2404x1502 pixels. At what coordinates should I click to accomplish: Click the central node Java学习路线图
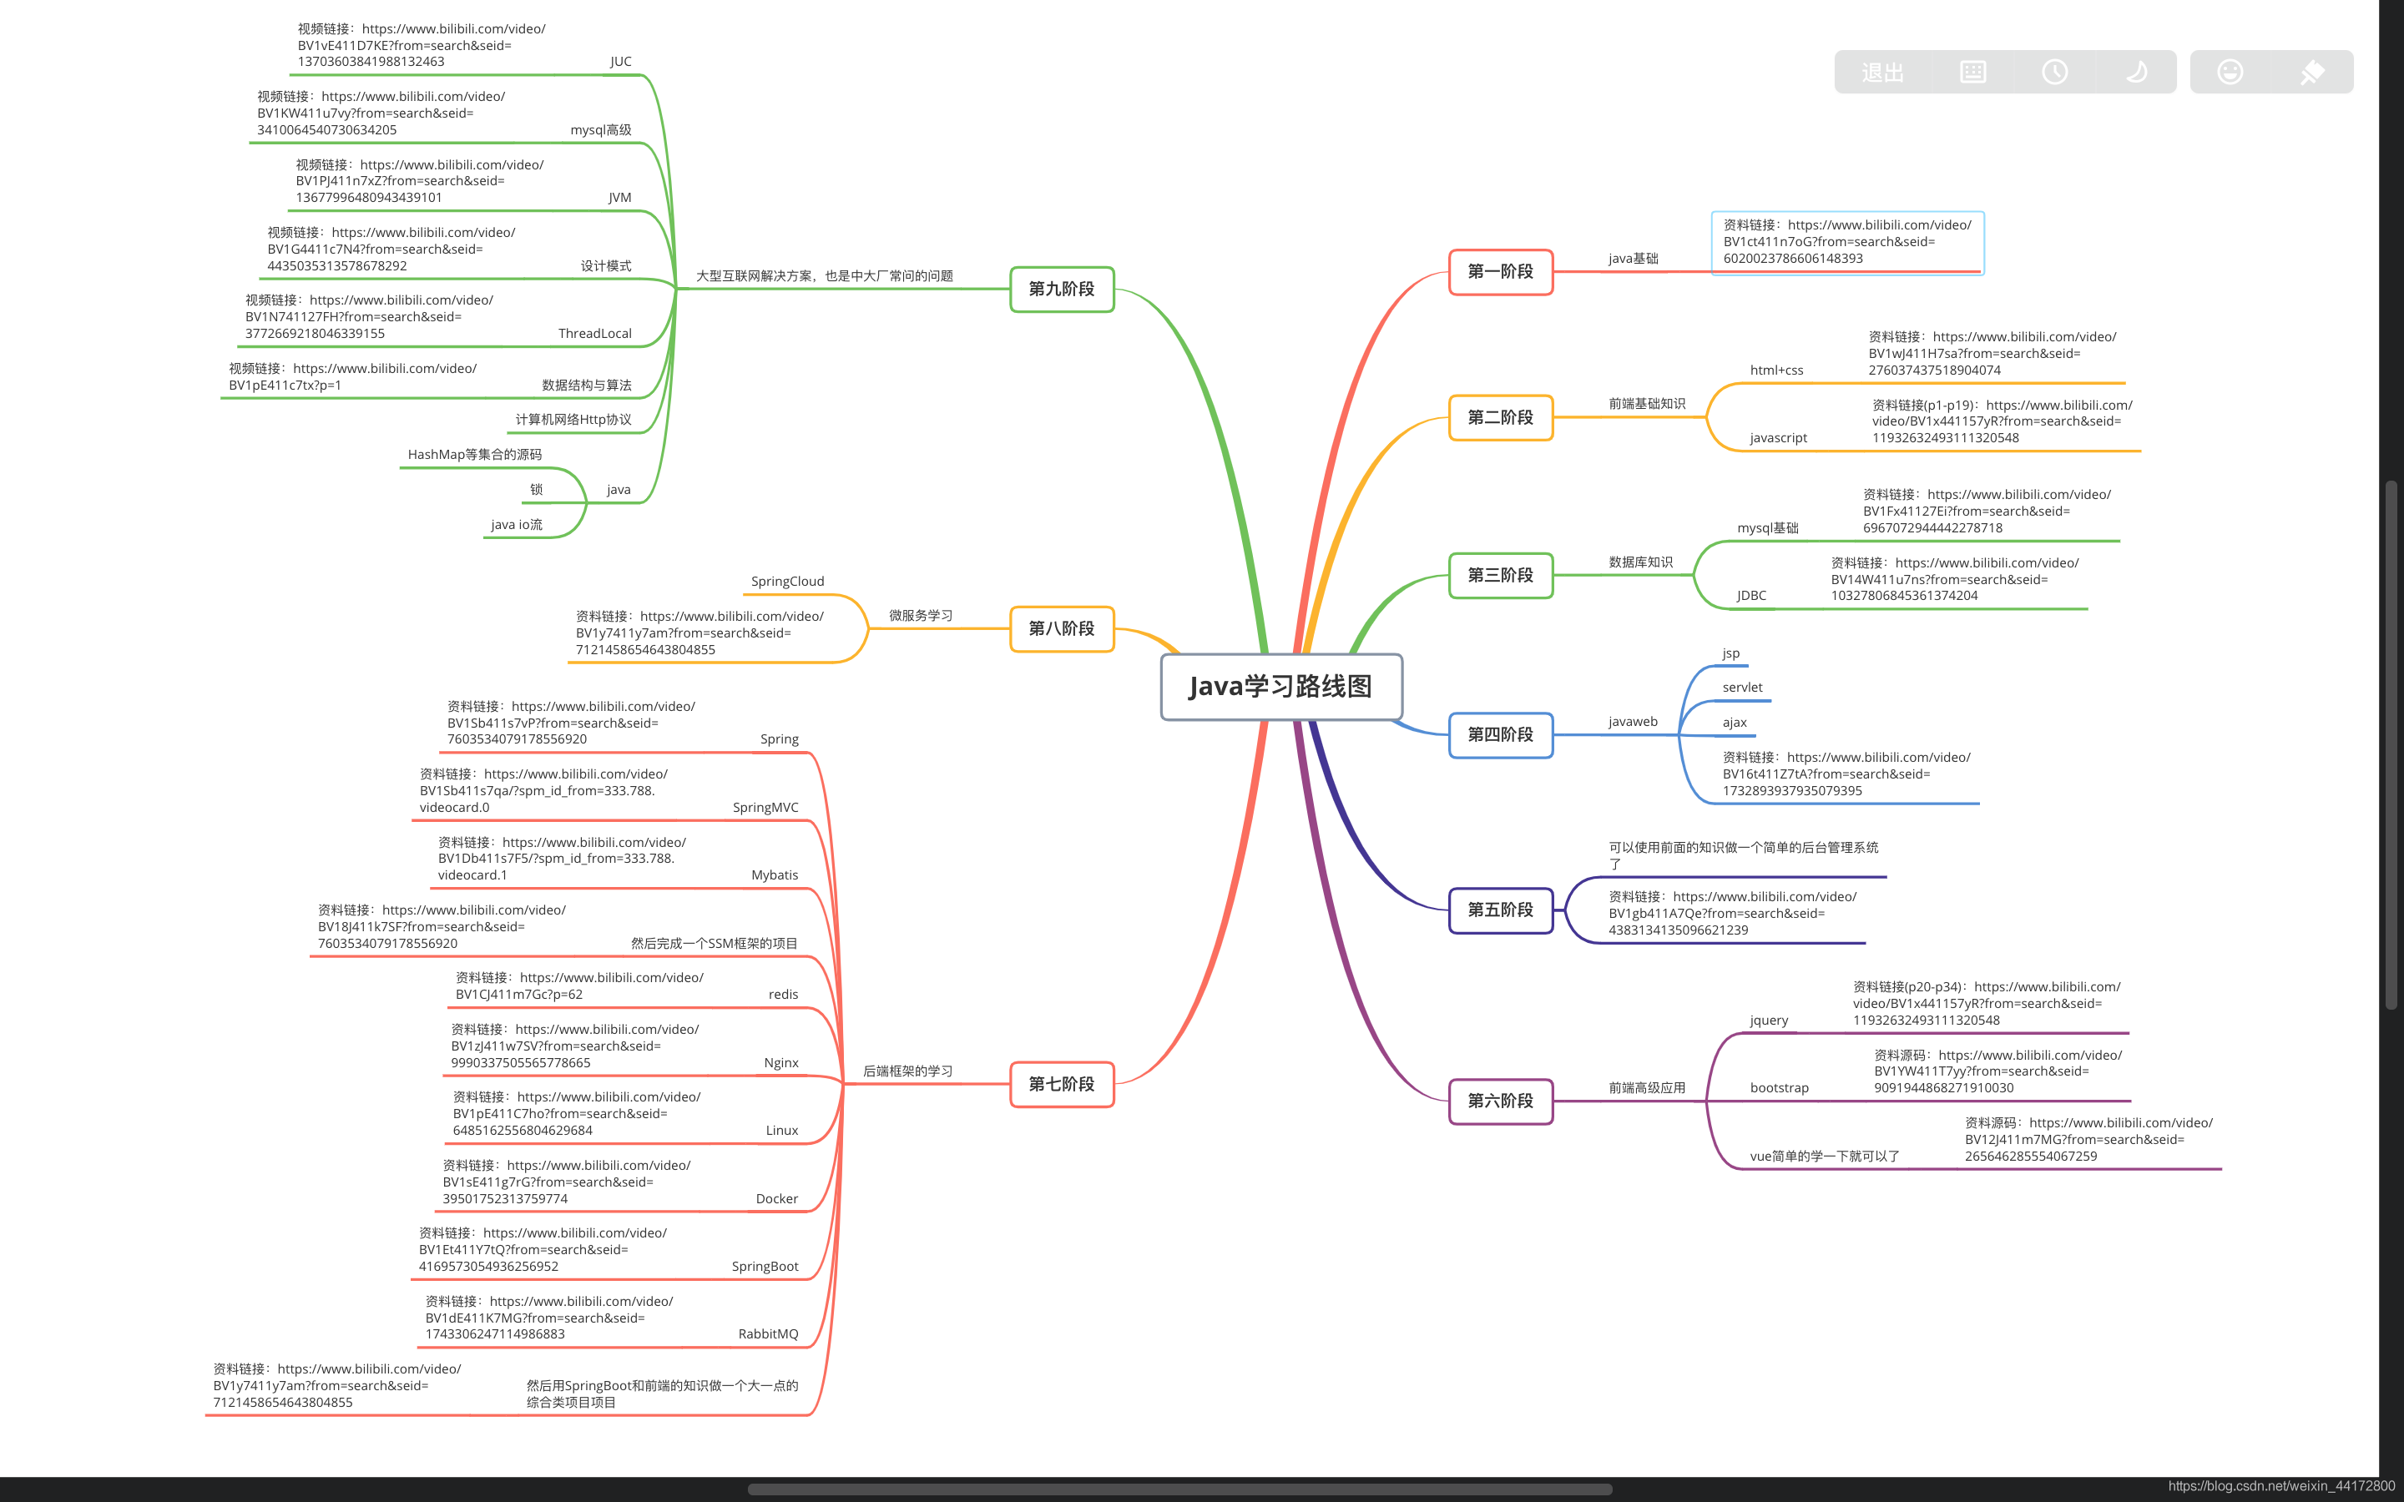point(1281,687)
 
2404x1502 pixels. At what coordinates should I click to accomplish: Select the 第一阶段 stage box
point(1500,271)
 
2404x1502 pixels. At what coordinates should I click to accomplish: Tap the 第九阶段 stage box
point(1062,289)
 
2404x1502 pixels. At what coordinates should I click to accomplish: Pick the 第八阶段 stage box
point(1062,629)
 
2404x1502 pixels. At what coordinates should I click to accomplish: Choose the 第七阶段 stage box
point(1062,1084)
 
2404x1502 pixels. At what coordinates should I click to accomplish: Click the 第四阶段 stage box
point(1500,735)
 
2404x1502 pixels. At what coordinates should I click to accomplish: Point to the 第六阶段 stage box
point(1500,1101)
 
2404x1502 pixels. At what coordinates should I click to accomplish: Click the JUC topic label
point(621,62)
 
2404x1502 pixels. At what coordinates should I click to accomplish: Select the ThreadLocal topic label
point(595,334)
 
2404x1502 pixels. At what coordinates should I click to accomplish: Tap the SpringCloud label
point(788,581)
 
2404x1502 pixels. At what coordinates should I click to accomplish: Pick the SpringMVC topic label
point(765,808)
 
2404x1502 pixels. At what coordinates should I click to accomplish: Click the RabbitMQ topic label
point(768,1334)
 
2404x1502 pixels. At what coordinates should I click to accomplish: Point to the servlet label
point(1742,688)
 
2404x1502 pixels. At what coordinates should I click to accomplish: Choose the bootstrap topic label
point(1779,1088)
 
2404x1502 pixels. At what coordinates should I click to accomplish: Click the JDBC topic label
point(1751,596)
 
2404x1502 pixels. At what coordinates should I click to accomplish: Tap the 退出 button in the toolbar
point(1882,73)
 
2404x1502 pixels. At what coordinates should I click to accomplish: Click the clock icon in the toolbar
point(2054,72)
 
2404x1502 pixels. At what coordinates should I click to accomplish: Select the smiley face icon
point(2230,72)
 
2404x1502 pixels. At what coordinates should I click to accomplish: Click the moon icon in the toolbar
point(2136,72)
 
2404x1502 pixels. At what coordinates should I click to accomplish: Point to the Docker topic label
point(777,1199)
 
